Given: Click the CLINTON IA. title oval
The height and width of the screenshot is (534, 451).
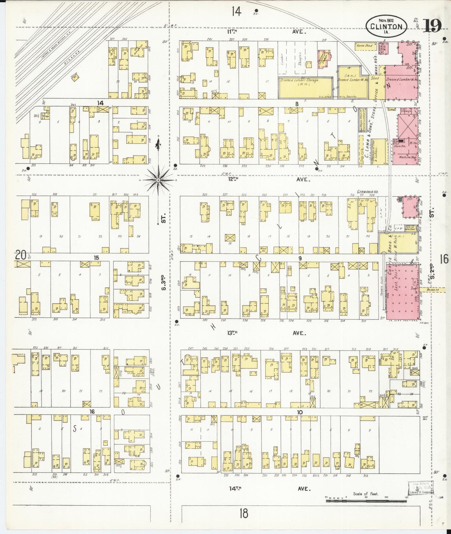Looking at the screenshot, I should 386,26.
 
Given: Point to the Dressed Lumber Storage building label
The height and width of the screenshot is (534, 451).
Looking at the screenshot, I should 299,80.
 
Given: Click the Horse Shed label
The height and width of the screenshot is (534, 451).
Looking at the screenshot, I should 364,45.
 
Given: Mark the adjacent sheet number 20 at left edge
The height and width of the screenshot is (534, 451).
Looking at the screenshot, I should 20,256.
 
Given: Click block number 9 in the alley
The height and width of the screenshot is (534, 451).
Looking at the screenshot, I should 300,258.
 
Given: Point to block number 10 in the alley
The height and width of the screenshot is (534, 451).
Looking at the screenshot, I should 300,412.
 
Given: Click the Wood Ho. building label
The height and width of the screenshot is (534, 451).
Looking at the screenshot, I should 263,249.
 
